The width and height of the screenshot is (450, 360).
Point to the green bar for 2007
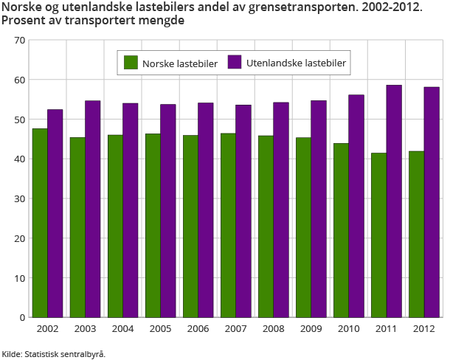pyautogui.click(x=228, y=225)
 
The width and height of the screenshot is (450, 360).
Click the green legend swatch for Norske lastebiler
pyautogui.click(x=131, y=63)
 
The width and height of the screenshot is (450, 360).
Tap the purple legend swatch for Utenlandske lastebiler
pyautogui.click(x=235, y=63)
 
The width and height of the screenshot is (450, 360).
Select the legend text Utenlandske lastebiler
pyautogui.click(x=296, y=64)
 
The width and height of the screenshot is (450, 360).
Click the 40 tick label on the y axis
pyautogui.click(x=19, y=159)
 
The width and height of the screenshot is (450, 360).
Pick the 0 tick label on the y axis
pyautogui.click(x=22, y=317)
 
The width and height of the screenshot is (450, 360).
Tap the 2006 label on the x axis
pyautogui.click(x=198, y=328)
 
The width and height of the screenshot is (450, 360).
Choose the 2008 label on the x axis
pyautogui.click(x=274, y=328)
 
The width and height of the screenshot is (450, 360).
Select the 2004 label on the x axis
pyautogui.click(x=123, y=328)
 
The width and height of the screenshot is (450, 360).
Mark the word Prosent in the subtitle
pyautogui.click(x=22, y=21)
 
